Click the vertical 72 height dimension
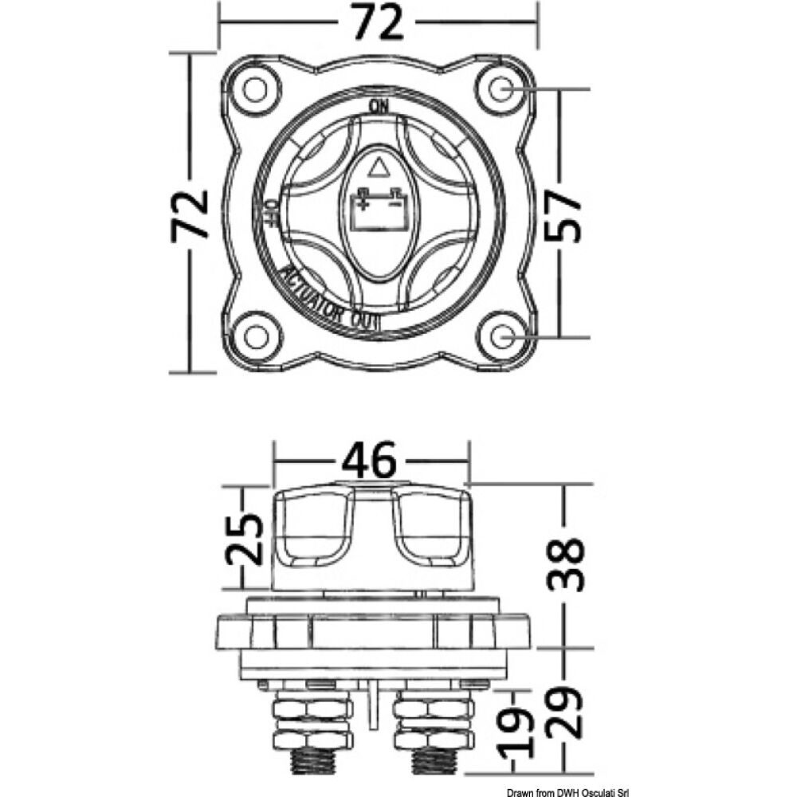(190, 214)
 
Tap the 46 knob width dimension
(368, 461)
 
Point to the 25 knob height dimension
(245, 540)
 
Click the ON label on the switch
(379, 107)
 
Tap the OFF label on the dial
(271, 211)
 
